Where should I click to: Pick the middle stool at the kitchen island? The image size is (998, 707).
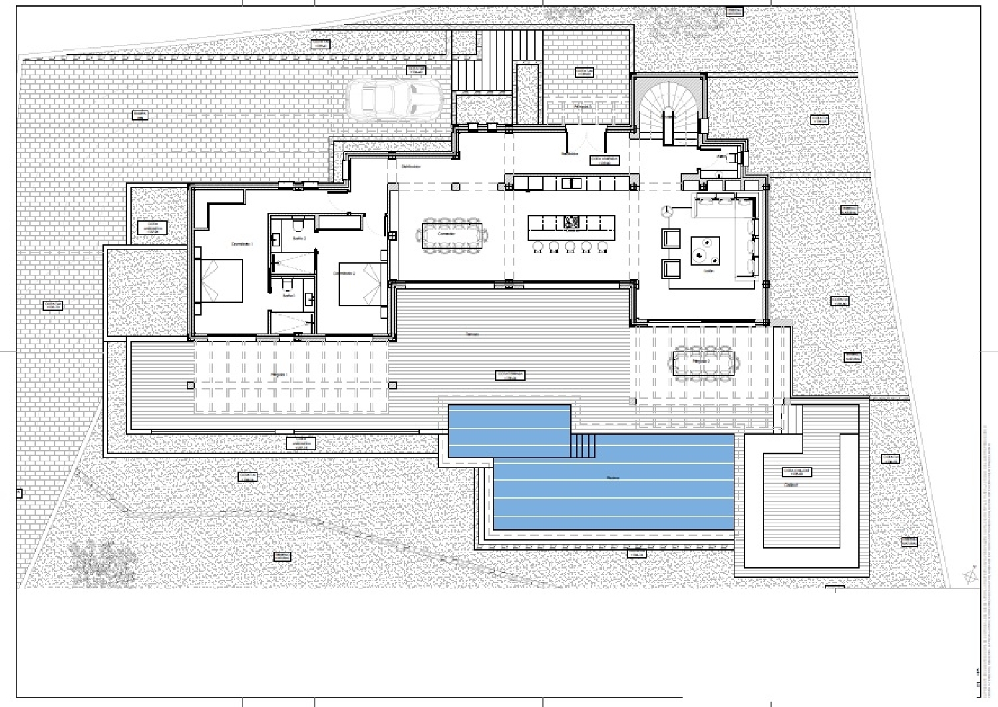(x=570, y=247)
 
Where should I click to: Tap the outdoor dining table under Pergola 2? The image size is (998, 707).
(x=704, y=363)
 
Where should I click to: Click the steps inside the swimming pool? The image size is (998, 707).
(x=584, y=445)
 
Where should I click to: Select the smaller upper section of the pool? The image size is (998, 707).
(x=509, y=430)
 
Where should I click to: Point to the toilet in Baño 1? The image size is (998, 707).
(x=287, y=285)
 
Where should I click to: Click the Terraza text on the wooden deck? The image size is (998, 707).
(x=472, y=334)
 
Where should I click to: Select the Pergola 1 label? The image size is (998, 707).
(x=279, y=375)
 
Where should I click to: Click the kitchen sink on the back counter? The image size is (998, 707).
(x=571, y=182)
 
